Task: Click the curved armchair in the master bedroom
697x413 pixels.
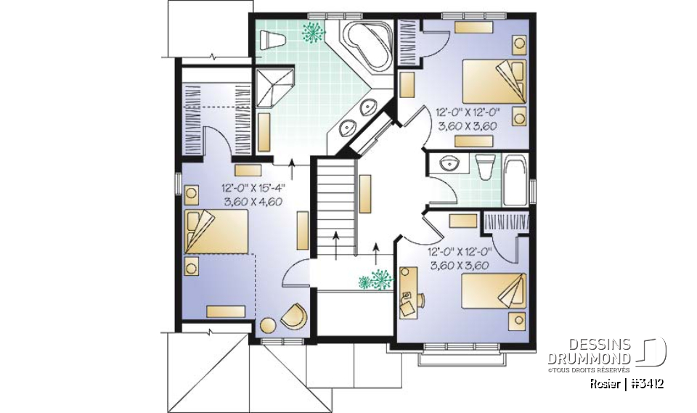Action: pyautogui.click(x=294, y=315)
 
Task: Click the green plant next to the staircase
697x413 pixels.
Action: pyautogui.click(x=374, y=279)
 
